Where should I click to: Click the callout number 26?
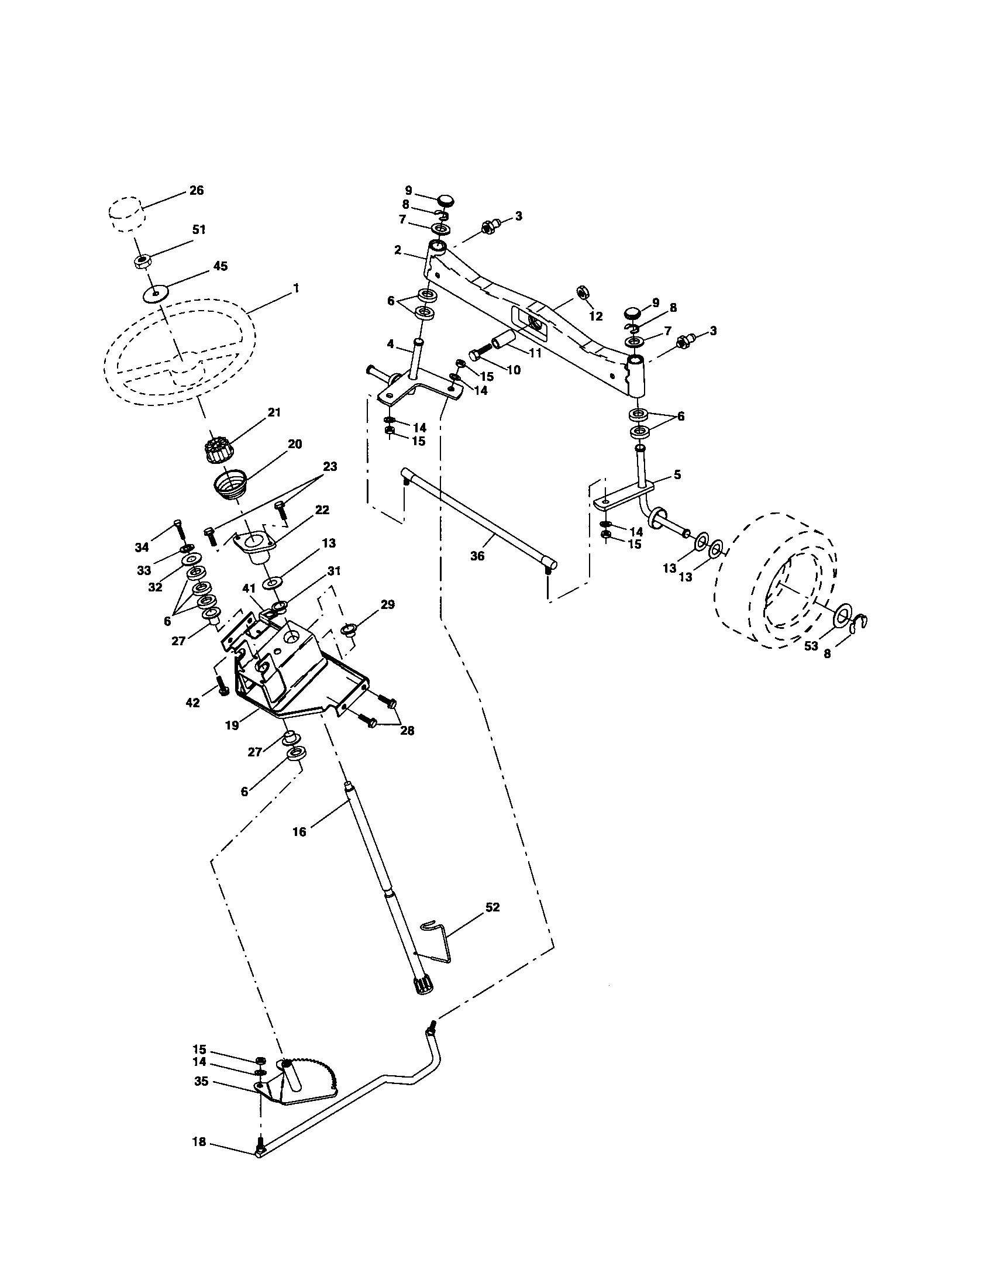pos(196,190)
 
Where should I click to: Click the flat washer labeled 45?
pos(156,293)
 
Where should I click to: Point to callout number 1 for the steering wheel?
pos(297,288)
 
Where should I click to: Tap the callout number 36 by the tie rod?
pos(477,555)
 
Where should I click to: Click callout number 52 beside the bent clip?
pos(492,907)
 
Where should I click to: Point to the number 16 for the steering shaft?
pos(299,831)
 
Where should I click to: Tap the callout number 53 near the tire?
pos(811,646)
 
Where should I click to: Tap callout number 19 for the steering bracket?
pos(232,725)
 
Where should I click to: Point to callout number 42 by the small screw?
pos(192,703)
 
